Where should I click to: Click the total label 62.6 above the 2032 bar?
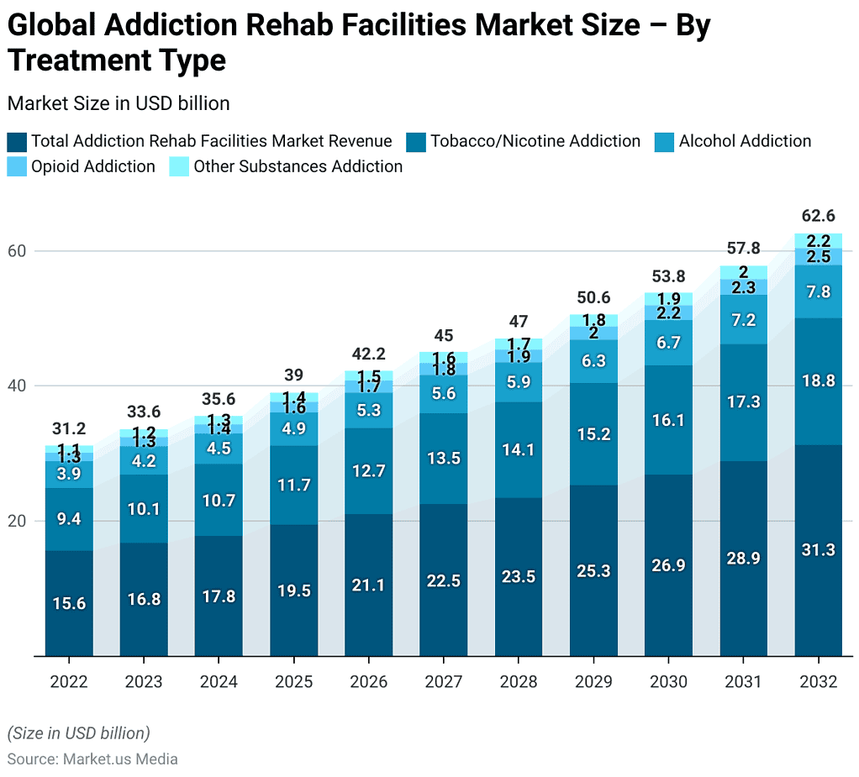pos(818,216)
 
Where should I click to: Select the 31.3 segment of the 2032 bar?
pos(818,550)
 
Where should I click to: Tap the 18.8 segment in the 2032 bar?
pos(818,381)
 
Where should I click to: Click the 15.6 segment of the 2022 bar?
pos(69,603)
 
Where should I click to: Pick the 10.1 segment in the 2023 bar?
pos(144,508)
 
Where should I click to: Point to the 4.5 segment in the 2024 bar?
pos(219,449)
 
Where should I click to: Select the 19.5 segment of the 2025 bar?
pos(293,591)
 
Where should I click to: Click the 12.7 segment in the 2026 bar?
pos(368,471)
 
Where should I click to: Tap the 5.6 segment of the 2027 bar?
pos(443,394)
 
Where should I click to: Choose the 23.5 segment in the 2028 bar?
pos(518,577)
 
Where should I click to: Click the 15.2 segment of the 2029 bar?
pos(593,434)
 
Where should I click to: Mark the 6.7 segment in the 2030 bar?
pos(667,343)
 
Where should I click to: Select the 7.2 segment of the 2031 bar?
pos(743,320)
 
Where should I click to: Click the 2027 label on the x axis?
pos(443,681)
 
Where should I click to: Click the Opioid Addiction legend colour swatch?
pos(17,166)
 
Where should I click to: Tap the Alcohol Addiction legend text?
pos(745,141)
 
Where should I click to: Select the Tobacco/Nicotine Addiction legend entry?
pos(535,141)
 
